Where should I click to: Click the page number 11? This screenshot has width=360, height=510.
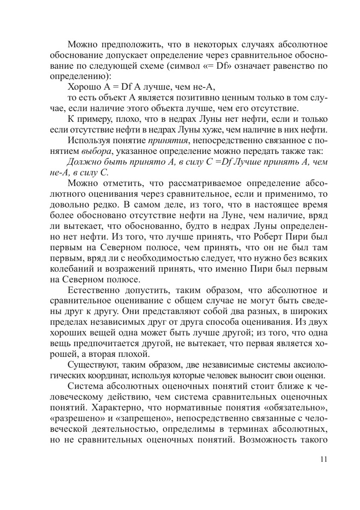323,459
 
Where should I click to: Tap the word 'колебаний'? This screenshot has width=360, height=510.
73,269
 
